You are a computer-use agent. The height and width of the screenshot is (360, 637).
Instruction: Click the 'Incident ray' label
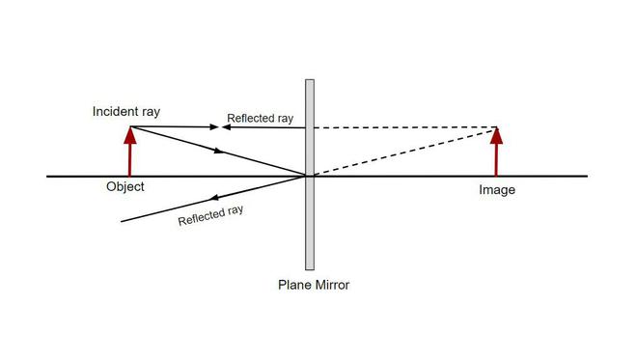(x=125, y=111)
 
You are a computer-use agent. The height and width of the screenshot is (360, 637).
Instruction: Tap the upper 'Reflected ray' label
(x=260, y=119)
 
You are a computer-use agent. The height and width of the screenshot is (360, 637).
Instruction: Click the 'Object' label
(x=125, y=187)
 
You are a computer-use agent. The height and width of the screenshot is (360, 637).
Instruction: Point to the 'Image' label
(x=497, y=190)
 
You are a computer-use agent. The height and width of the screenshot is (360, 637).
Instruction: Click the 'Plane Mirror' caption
(x=314, y=285)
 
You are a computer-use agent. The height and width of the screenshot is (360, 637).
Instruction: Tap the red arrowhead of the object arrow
(x=129, y=134)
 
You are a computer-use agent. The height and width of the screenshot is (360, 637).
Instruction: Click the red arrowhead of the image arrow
(x=497, y=134)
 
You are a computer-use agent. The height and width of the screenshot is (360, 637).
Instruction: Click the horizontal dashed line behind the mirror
(x=405, y=127)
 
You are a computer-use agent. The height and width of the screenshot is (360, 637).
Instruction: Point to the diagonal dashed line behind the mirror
(x=405, y=151)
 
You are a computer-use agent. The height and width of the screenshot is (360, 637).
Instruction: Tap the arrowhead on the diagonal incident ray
(x=221, y=152)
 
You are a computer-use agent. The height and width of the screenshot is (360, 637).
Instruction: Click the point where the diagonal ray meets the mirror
(x=308, y=176)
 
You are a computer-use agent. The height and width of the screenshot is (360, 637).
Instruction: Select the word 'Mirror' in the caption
(x=331, y=285)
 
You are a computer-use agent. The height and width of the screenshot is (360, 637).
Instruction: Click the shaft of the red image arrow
(x=497, y=159)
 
